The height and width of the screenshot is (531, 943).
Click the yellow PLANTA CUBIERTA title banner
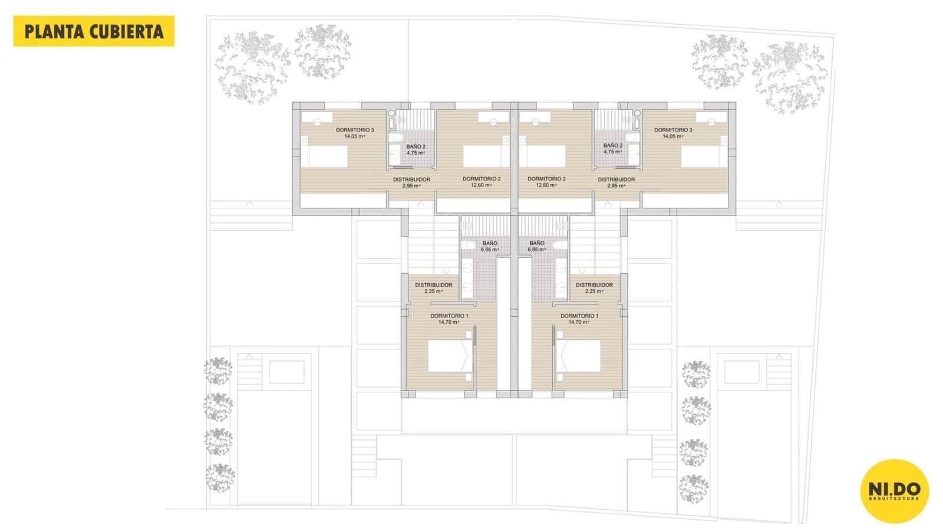click(x=94, y=31)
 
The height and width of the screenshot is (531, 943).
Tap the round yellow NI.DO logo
click(x=894, y=491)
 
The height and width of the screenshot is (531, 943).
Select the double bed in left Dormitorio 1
click(x=450, y=355)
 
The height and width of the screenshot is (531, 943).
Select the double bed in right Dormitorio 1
click(x=579, y=355)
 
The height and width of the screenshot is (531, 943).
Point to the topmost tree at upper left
click(x=322, y=50)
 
